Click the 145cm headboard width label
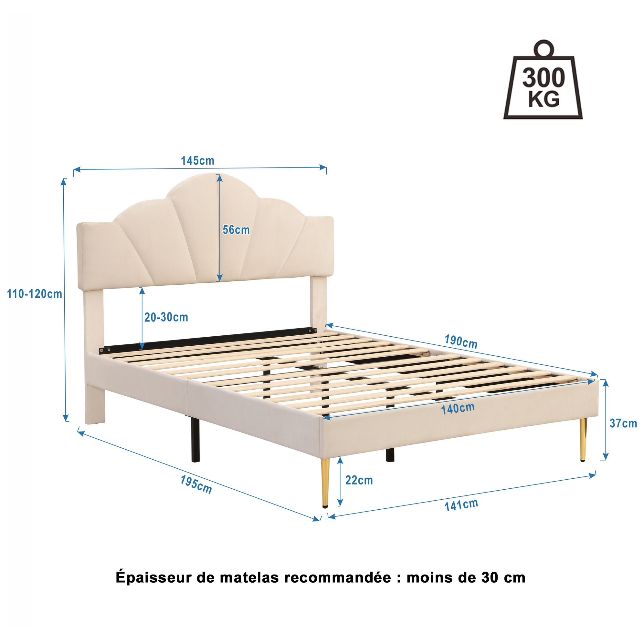coord(197,160)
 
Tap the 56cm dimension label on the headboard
coord(236,230)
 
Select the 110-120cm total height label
coord(35,294)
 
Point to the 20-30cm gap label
coord(166,317)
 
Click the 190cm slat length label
coord(461,341)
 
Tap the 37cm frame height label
coord(623,423)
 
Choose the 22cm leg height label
coord(359,480)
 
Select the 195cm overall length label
coord(196,484)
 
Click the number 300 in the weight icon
coord(544,78)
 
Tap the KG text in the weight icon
coord(544,99)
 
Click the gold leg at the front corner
coord(325,483)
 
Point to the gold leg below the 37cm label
coord(583,440)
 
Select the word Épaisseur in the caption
coord(153,577)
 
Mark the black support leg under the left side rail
coord(196,440)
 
